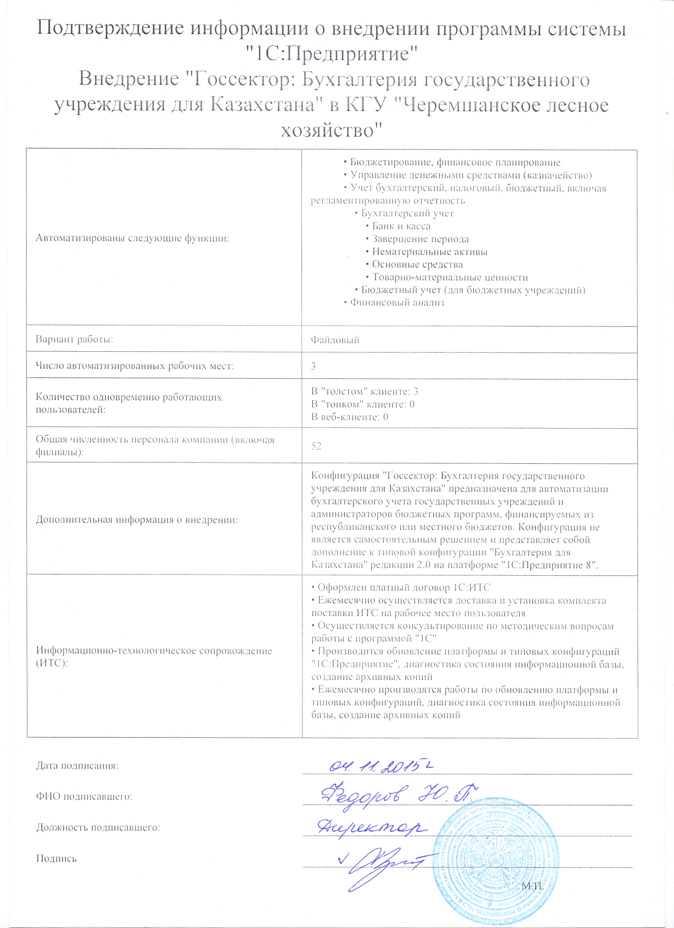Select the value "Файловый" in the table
point(335,340)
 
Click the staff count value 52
point(316,446)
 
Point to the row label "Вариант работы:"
point(74,340)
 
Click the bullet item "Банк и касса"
point(401,226)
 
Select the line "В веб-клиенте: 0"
point(349,417)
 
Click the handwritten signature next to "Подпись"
point(385,863)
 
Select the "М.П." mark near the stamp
point(532,887)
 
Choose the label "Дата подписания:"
point(77,766)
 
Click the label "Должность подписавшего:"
point(98,828)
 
